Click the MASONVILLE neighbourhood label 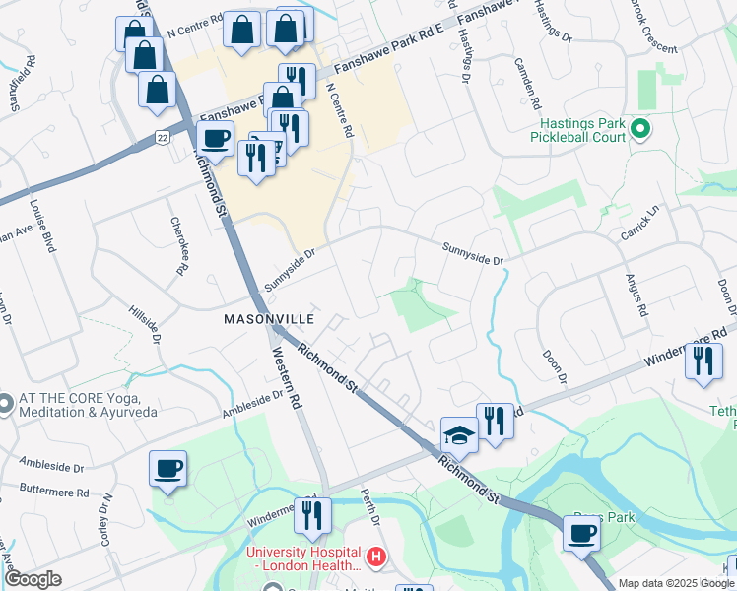[x=268, y=319]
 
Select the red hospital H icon [x=374, y=558]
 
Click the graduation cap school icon [x=459, y=433]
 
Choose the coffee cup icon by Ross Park [x=581, y=534]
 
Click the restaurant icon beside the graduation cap [x=495, y=421]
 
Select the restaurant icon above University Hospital [x=312, y=514]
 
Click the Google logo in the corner [x=33, y=579]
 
